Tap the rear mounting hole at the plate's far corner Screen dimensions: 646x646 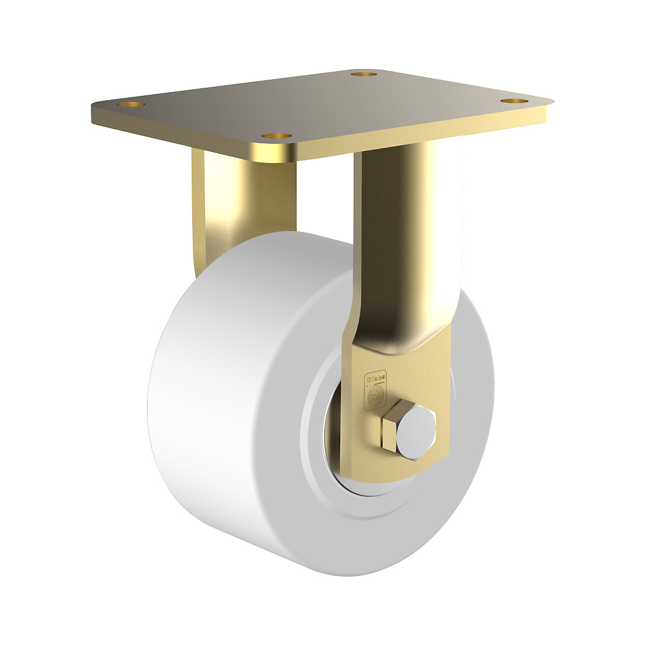tap(364, 73)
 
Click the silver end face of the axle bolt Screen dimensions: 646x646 tap(418, 434)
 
